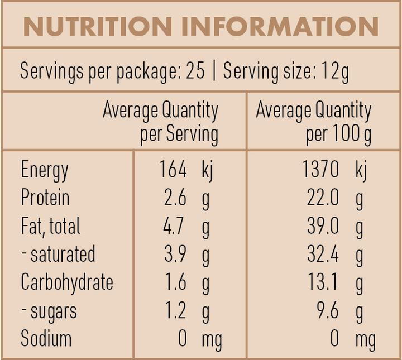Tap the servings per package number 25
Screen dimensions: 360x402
click(195, 71)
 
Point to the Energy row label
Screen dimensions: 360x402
click(45, 170)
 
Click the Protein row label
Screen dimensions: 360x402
click(45, 198)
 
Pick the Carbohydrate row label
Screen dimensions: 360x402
click(67, 282)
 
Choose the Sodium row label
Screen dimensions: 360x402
click(46, 338)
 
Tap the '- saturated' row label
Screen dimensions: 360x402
click(58, 254)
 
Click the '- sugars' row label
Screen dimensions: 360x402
click(49, 310)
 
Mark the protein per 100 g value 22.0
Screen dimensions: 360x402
click(323, 198)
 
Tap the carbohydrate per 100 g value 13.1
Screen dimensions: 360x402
click(324, 282)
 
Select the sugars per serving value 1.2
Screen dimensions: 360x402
click(175, 310)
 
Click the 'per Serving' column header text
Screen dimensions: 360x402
click(179, 134)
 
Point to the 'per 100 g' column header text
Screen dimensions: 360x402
click(338, 134)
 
